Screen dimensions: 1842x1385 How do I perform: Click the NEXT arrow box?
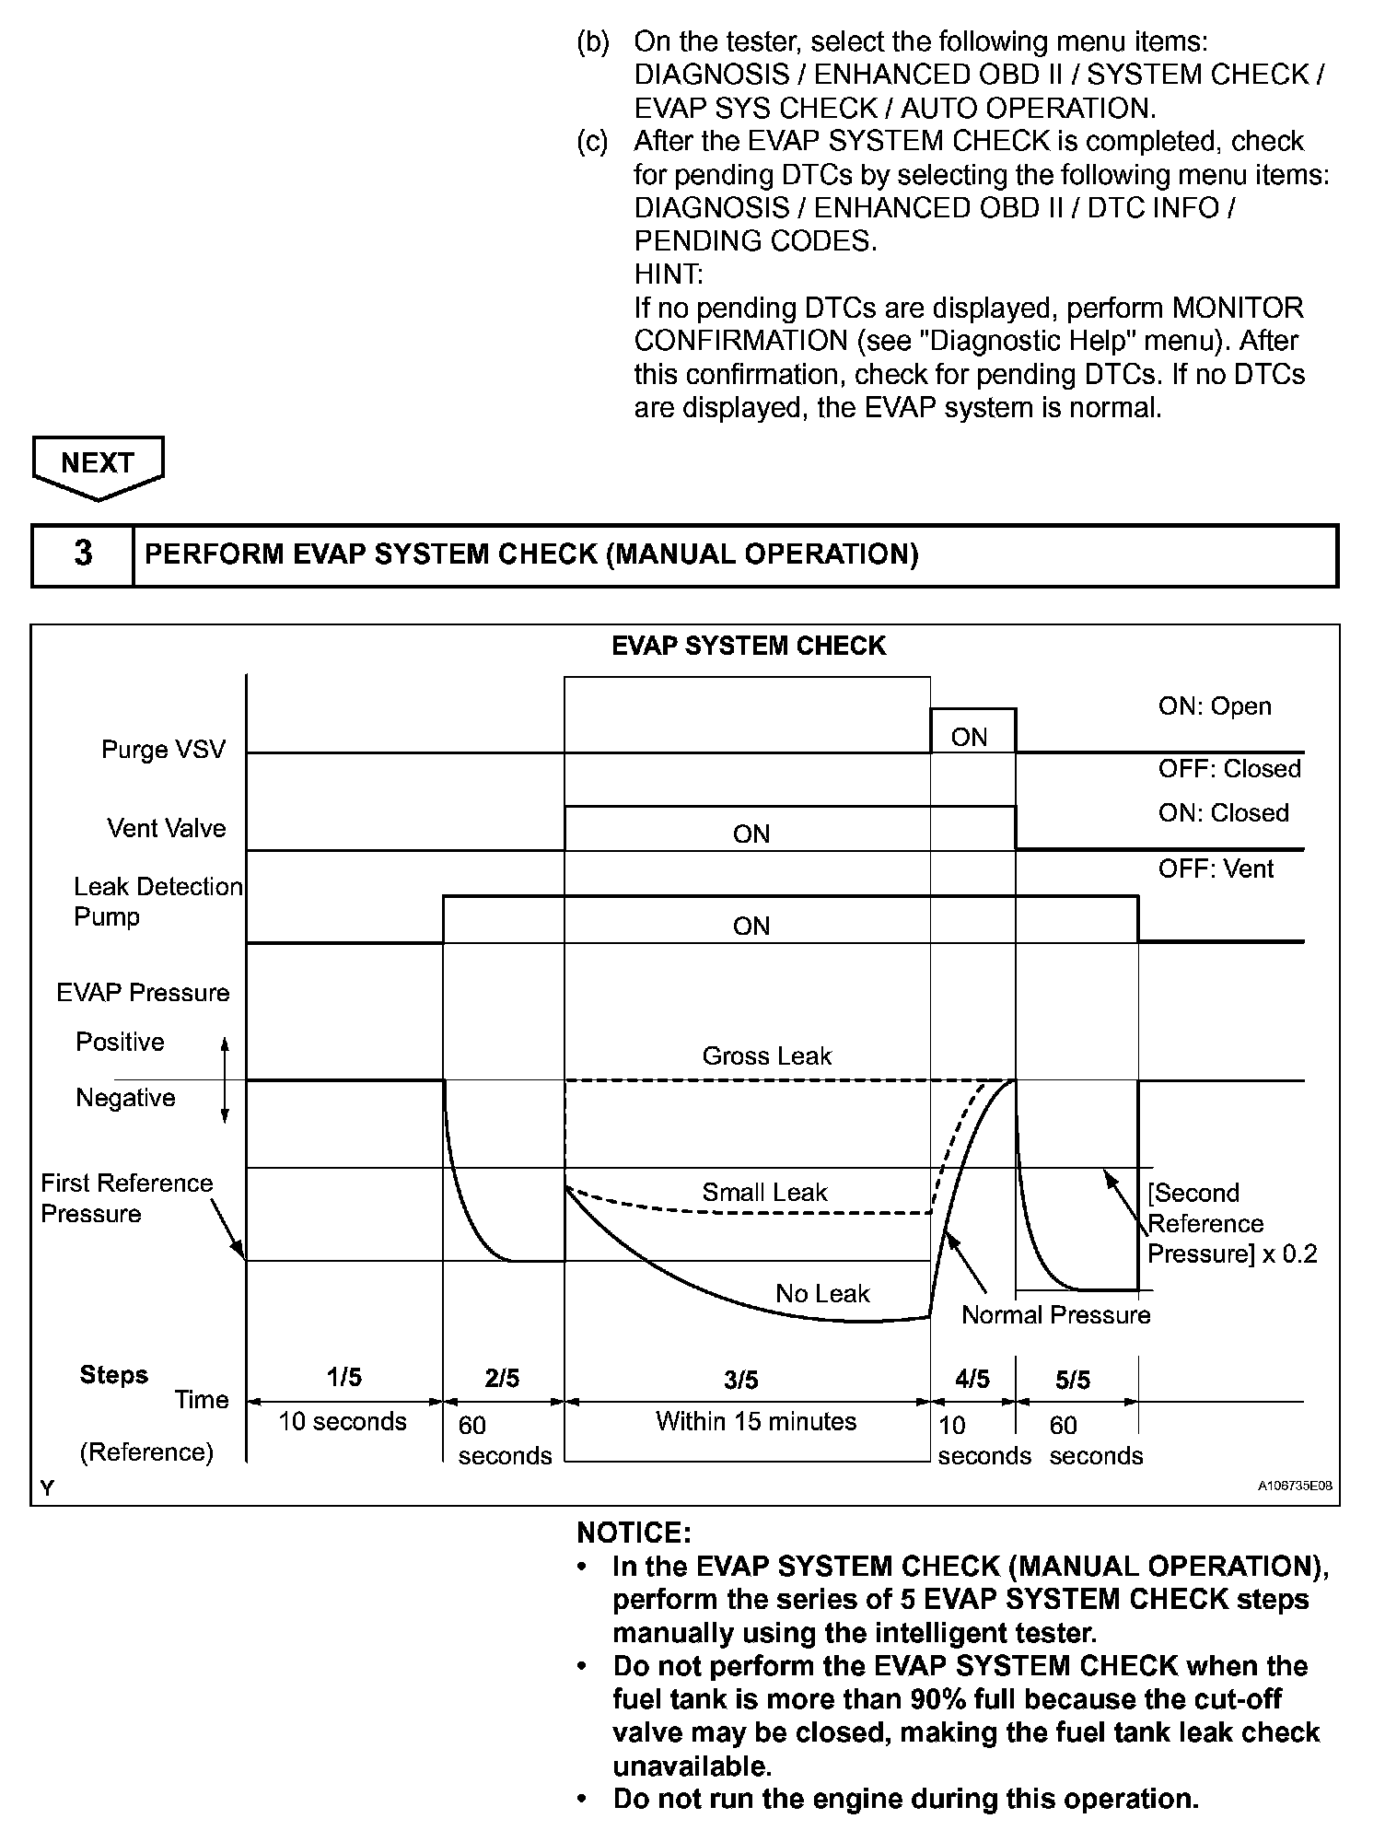tap(98, 464)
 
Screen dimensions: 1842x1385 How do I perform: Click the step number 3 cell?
tap(83, 554)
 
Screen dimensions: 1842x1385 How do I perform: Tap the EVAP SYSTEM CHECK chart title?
tap(749, 647)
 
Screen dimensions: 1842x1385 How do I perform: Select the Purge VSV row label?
tap(163, 750)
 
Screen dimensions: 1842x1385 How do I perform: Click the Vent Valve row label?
tap(166, 829)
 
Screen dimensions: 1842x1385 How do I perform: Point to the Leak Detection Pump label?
tap(157, 902)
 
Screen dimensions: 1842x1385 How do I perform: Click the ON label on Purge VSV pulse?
tap(969, 737)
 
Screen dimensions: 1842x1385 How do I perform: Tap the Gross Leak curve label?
tap(766, 1056)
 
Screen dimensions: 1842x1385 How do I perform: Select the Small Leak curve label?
tap(764, 1193)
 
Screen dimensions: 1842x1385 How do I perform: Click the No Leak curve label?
tap(822, 1294)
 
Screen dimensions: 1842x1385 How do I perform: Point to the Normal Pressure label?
tap(1056, 1315)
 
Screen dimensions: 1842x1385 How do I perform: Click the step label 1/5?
tap(344, 1378)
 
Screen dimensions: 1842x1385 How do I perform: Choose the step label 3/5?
tap(741, 1380)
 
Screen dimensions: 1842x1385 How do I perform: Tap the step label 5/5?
tap(1073, 1380)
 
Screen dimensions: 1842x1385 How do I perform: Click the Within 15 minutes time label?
tap(756, 1422)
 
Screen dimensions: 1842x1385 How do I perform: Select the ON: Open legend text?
tap(1215, 706)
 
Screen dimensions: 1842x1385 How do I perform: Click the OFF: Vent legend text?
tap(1216, 869)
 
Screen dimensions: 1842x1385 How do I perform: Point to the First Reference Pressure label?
tap(126, 1198)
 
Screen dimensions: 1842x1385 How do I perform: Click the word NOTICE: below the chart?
tap(634, 1533)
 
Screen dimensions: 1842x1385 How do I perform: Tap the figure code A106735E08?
tap(1295, 1486)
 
